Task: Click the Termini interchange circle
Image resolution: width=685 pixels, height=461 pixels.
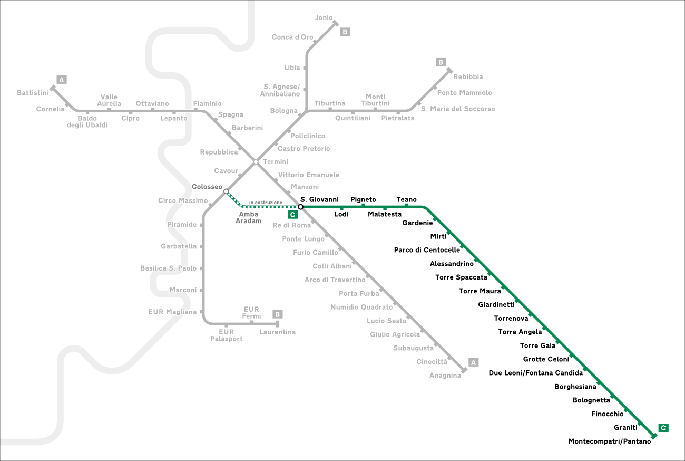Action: (x=256, y=161)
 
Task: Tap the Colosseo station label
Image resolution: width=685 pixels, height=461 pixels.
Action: (x=207, y=187)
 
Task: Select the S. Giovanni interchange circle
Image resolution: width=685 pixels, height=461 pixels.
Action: (x=300, y=207)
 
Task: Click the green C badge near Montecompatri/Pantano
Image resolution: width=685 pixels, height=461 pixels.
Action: (x=663, y=428)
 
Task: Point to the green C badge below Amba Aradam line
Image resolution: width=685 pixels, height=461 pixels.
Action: (x=292, y=215)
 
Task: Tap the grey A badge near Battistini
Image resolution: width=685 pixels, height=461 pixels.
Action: (x=62, y=80)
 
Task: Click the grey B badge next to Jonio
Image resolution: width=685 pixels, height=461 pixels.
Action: (x=345, y=32)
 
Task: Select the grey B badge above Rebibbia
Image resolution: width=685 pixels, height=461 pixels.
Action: (x=441, y=62)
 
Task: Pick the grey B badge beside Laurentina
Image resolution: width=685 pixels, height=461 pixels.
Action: (x=278, y=314)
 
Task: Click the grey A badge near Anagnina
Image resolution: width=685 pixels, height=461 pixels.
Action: (x=473, y=362)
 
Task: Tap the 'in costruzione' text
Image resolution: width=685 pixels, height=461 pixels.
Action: (x=266, y=203)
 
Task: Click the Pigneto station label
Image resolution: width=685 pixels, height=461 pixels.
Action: (x=363, y=199)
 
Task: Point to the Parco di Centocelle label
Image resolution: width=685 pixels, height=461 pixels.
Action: (x=427, y=250)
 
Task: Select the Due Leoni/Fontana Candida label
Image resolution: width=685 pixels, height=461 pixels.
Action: (x=536, y=373)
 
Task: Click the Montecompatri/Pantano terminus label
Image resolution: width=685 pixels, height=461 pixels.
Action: (x=609, y=441)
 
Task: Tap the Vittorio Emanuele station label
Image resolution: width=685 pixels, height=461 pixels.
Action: (x=309, y=175)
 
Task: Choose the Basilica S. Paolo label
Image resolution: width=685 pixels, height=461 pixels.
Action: (x=168, y=268)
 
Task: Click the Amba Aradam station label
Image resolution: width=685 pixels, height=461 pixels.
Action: (x=249, y=217)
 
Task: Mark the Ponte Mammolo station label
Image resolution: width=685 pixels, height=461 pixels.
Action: (x=465, y=93)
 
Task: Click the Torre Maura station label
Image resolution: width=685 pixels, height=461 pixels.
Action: (x=480, y=291)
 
